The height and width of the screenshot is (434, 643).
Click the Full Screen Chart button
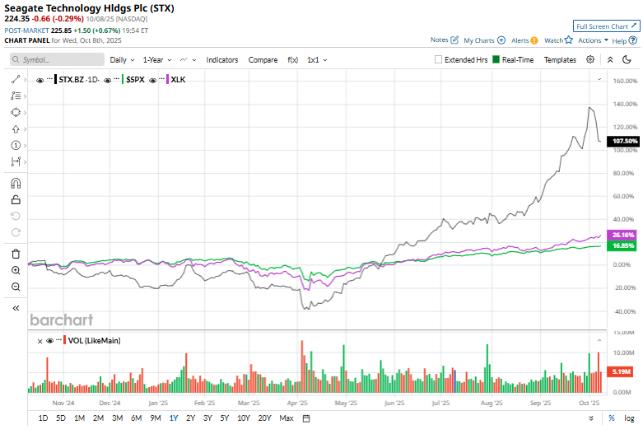point(606,26)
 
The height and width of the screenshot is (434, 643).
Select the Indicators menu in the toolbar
point(221,59)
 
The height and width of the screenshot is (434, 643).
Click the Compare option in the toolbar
point(263,59)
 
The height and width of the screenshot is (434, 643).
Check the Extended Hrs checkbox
point(439,59)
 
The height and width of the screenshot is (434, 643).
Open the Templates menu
point(560,59)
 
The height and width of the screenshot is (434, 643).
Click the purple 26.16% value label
point(623,236)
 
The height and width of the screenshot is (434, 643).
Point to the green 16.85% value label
point(623,245)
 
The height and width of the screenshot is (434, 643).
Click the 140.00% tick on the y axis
point(627,104)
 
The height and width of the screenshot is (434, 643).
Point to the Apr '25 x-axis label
point(298,404)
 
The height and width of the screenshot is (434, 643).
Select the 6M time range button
point(136,418)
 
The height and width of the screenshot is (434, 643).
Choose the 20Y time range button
point(264,418)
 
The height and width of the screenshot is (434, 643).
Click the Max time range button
point(286,418)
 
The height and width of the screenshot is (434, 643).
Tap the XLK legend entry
point(178,79)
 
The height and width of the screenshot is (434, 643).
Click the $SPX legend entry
point(133,79)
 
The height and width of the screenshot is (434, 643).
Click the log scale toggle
point(628,418)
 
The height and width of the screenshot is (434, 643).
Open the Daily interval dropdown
point(122,59)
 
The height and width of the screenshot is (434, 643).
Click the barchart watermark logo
point(62,320)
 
